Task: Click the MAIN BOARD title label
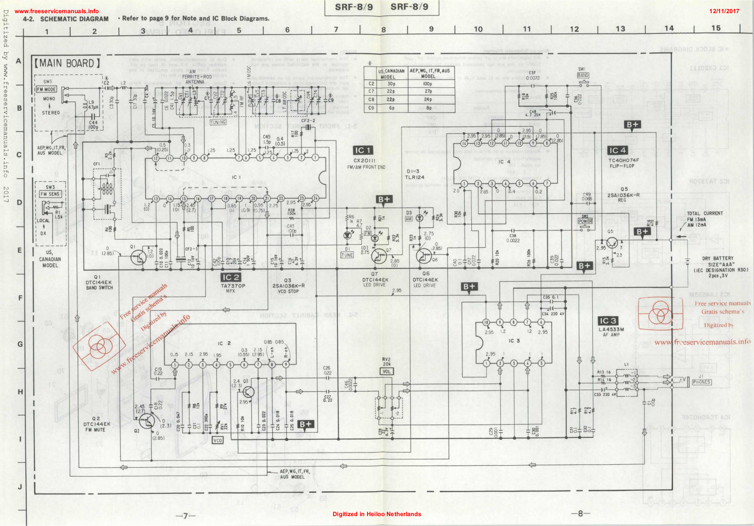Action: [66, 63]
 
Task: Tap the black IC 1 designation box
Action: [363, 150]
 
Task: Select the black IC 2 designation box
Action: [231, 277]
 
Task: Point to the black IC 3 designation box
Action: [608, 321]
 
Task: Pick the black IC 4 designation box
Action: [617, 150]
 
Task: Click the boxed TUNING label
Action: [218, 122]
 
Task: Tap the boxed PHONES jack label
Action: [702, 382]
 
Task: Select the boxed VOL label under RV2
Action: [386, 372]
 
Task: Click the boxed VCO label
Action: [217, 440]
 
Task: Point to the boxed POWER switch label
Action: [585, 221]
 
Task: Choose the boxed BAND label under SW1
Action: [583, 75]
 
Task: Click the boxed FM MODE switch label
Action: [47, 89]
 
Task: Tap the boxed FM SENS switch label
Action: [50, 194]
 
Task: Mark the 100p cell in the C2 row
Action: [428, 84]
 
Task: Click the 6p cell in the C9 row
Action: [391, 108]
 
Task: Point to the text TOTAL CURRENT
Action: [705, 213]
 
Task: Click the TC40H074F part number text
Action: [623, 160]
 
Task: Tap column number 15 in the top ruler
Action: [716, 28]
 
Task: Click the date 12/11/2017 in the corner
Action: [724, 11]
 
